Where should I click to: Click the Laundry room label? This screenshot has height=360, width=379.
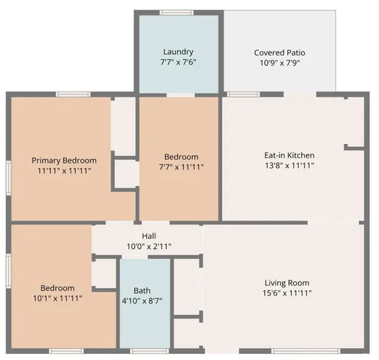click(179, 52)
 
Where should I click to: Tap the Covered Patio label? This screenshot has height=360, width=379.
click(279, 52)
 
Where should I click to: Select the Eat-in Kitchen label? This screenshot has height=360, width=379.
click(288, 154)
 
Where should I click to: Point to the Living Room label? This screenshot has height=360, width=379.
click(287, 283)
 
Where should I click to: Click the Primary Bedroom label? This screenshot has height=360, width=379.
click(64, 160)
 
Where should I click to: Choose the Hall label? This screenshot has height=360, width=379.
click(149, 235)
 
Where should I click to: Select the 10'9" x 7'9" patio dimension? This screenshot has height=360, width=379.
click(279, 64)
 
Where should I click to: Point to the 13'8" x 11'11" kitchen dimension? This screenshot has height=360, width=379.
click(288, 166)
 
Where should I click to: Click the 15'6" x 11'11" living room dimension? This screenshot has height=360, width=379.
click(287, 293)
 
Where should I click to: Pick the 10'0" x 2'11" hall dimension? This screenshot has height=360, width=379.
click(149, 245)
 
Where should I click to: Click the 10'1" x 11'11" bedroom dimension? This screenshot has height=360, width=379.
click(58, 298)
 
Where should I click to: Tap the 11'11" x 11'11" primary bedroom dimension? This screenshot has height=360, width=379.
click(64, 172)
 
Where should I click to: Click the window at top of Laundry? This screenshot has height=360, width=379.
click(177, 13)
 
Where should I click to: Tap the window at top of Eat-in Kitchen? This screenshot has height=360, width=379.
click(239, 94)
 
